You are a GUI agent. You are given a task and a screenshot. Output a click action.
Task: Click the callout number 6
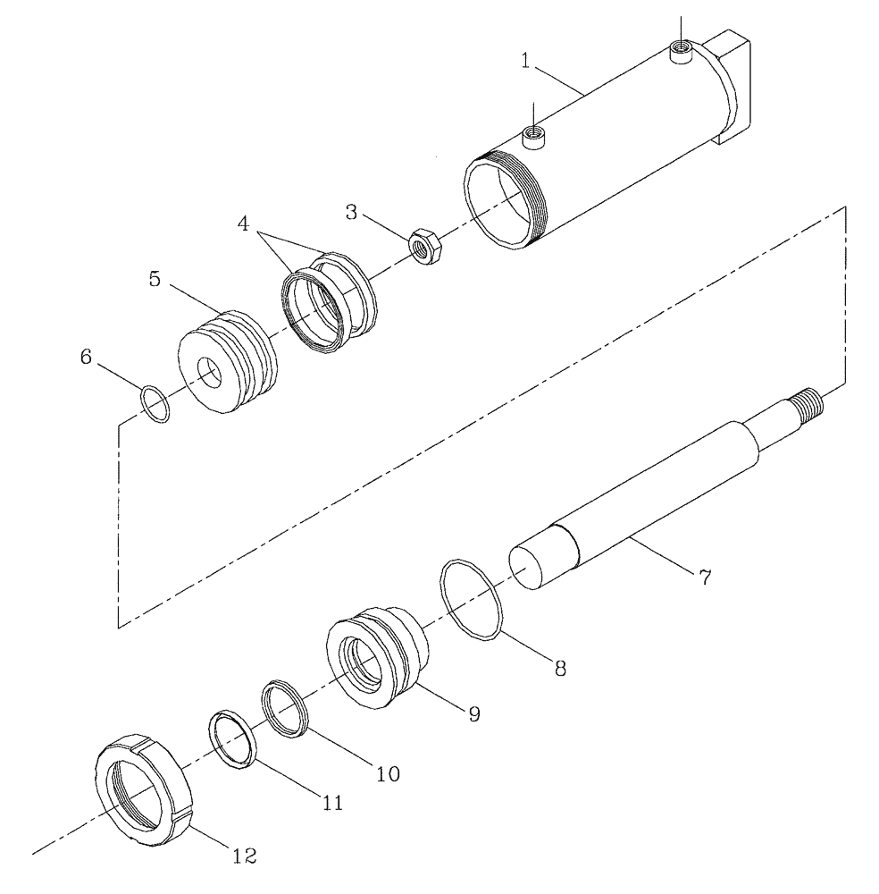(87, 357)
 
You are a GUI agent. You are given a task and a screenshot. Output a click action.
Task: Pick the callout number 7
(704, 578)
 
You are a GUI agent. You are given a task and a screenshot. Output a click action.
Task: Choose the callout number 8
(560, 667)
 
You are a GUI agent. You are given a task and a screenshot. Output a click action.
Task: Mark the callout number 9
(473, 713)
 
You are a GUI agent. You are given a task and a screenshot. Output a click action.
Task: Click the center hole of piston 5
(212, 374)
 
